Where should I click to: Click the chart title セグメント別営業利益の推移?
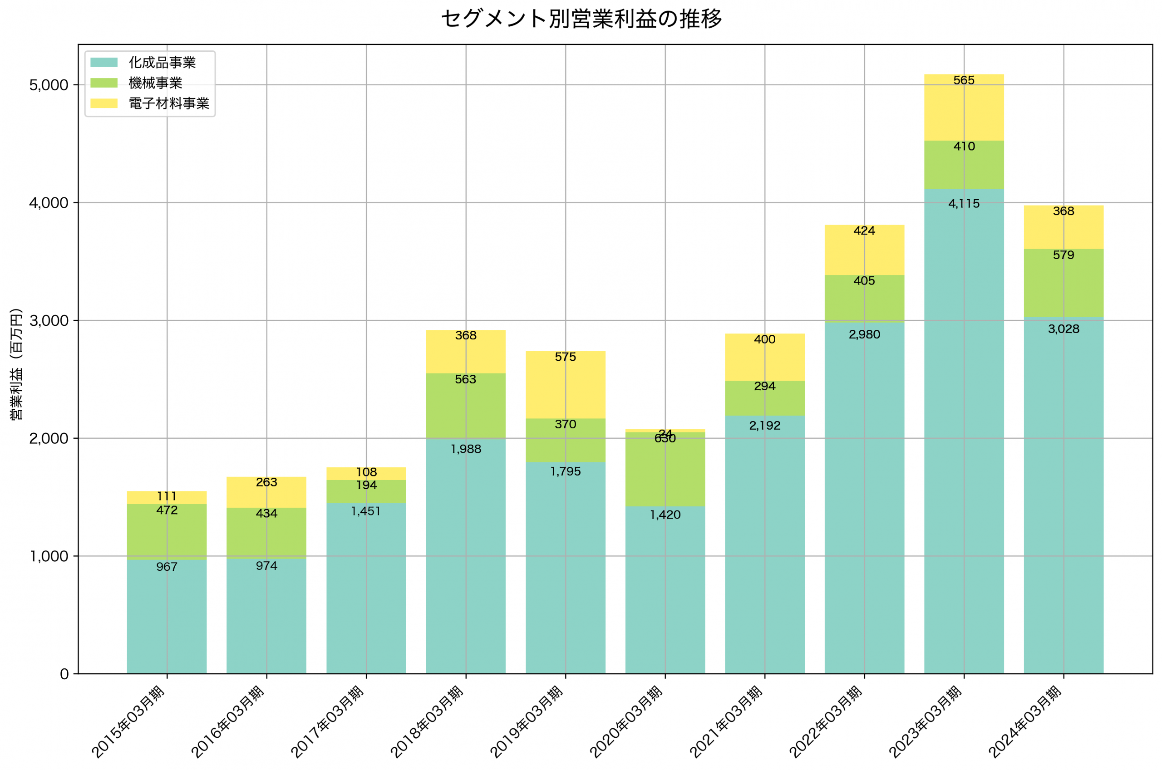tap(581, 20)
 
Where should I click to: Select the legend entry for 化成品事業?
tap(162, 62)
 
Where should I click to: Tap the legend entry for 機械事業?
tap(155, 83)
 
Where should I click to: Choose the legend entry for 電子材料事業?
tap(168, 103)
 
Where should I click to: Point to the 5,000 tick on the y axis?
tap(49, 85)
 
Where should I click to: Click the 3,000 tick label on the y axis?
tap(49, 321)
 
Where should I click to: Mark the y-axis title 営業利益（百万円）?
tap(16, 364)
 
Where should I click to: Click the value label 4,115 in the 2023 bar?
tap(964, 204)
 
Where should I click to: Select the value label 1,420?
tap(665, 515)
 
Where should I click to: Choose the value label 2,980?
tap(864, 335)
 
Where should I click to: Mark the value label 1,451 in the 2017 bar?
tap(366, 511)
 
